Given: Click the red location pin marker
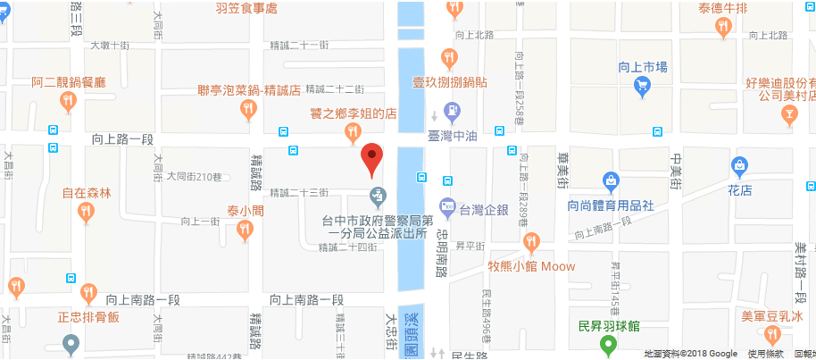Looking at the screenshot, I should coord(372,159).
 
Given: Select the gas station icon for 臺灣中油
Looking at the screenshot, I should coord(453,112).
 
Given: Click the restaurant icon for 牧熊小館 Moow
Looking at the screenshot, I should coord(532,241).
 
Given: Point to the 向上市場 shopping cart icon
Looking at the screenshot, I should coord(641,86).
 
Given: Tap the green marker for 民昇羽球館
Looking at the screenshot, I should coord(609,346).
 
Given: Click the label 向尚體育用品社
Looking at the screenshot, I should coord(611,205).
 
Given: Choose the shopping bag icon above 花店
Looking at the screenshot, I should coord(739,165).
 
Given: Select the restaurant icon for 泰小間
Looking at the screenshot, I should coord(245,231).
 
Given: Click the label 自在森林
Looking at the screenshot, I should coord(86,193).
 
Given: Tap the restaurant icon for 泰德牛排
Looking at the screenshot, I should coord(722,29).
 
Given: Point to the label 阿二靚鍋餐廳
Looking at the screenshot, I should coord(69,81).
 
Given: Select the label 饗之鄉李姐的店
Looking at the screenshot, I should coord(353,114).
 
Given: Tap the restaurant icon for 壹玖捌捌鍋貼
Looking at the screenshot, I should coord(450,59).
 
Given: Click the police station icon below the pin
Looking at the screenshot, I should coord(379,195).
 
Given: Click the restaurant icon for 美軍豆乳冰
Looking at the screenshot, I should coord(772,336).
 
